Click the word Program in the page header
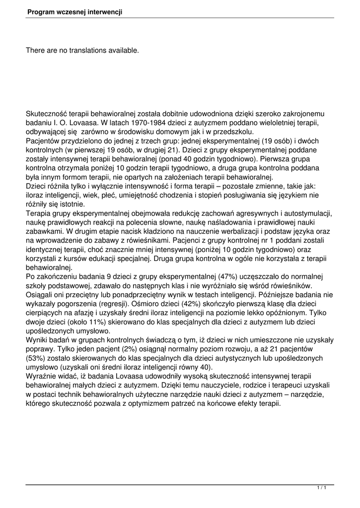[42, 11]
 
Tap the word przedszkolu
[232, 131]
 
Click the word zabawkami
[43, 231]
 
